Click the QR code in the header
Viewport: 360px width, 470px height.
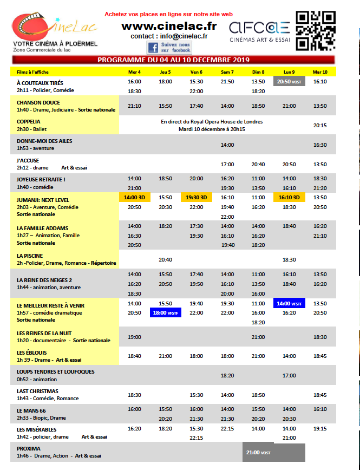pyautogui.click(x=315, y=30)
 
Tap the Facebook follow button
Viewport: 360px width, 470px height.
pyautogui.click(x=169, y=47)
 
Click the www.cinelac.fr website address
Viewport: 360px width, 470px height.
pyautogui.click(x=169, y=25)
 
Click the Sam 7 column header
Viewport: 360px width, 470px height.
pyautogui.click(x=227, y=72)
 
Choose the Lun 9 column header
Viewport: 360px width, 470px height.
pyautogui.click(x=289, y=72)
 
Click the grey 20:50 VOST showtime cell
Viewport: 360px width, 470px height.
pyautogui.click(x=289, y=82)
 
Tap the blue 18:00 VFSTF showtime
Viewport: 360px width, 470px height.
pyautogui.click(x=166, y=313)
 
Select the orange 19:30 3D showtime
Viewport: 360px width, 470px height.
pyautogui.click(x=197, y=198)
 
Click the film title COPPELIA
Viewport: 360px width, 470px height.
pyautogui.click(x=29, y=122)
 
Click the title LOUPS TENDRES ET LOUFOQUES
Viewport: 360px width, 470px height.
pyautogui.click(x=55, y=372)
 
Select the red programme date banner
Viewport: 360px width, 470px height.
pyautogui.click(x=173, y=60)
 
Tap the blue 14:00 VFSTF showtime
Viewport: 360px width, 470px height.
pyautogui.click(x=289, y=304)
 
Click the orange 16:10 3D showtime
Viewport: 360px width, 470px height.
pyautogui.click(x=289, y=198)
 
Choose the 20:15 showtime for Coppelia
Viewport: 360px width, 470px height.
pyautogui.click(x=320, y=126)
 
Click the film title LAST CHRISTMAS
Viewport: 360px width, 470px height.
pyautogui.click(x=37, y=391)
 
